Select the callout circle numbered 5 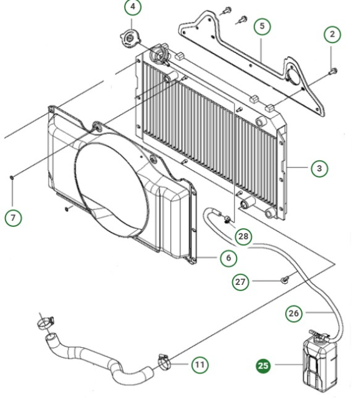coord(262,26)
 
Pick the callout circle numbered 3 coord(319,168)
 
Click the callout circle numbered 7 coord(14,218)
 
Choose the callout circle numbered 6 coord(228,257)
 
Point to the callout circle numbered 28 coord(245,236)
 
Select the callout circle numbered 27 coord(241,282)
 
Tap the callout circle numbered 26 coord(293,313)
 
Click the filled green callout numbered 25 coord(264,366)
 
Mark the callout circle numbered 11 coord(199,365)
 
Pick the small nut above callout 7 coord(12,178)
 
